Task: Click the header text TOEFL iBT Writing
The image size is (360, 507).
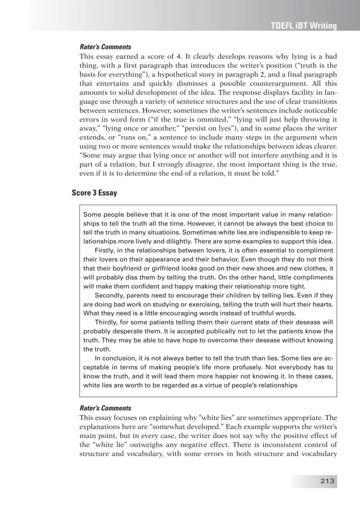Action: [x=304, y=26]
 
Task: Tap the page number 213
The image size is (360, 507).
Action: [x=327, y=480]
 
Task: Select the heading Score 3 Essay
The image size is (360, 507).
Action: [x=94, y=193]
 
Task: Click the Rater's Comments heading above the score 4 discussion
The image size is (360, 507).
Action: [x=105, y=47]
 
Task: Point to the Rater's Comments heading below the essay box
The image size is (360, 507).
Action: [x=105, y=408]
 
